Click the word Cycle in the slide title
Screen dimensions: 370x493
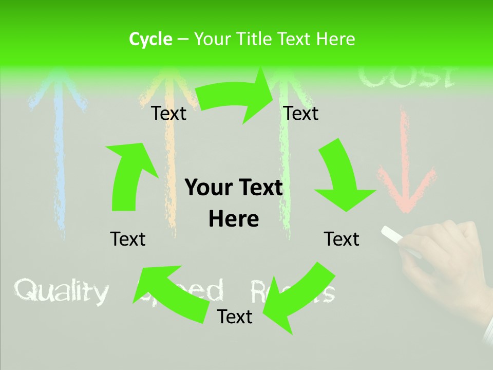150,39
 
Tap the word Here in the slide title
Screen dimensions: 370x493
335,39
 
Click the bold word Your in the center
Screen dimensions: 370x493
204,188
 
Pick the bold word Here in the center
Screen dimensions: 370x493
234,219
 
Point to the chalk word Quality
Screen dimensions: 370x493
62,291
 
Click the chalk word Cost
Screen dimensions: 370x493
406,77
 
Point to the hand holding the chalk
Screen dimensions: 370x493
447,257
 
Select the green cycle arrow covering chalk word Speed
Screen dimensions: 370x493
169,293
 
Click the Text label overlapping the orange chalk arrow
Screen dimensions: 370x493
169,114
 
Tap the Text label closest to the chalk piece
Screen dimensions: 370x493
342,239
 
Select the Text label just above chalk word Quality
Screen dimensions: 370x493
128,239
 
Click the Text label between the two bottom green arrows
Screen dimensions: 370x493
235,317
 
